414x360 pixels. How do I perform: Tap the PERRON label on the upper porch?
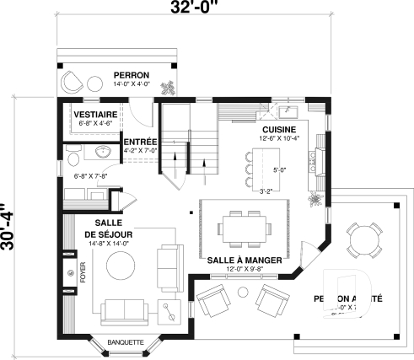pyautogui.click(x=131, y=75)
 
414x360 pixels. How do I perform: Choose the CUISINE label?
pyautogui.click(x=278, y=129)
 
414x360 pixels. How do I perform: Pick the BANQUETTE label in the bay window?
pyautogui.click(x=126, y=342)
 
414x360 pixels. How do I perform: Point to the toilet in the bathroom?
pyautogui.click(x=73, y=159)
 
